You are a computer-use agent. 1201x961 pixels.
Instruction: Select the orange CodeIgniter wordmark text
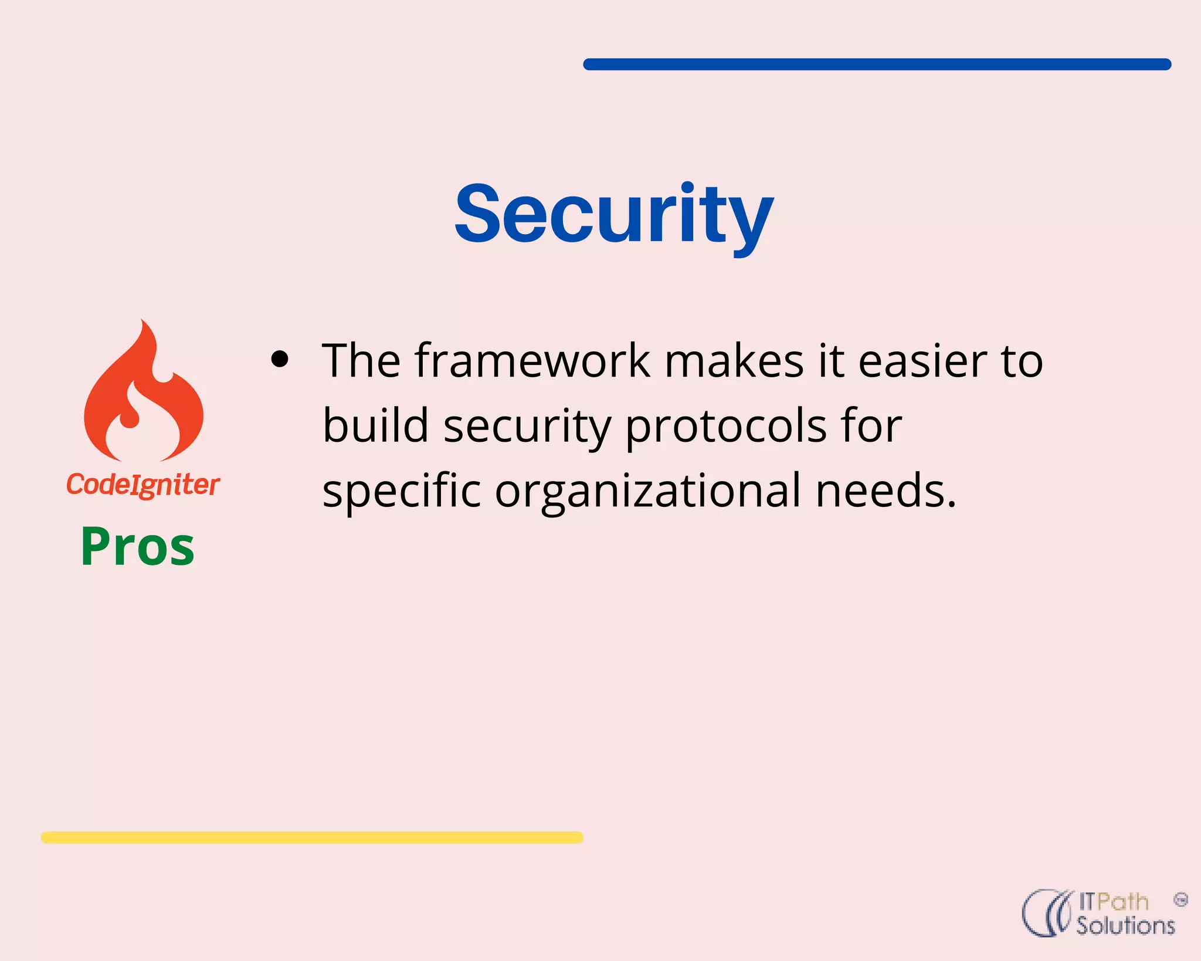pyautogui.click(x=143, y=485)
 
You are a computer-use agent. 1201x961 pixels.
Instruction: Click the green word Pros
pyautogui.click(x=137, y=547)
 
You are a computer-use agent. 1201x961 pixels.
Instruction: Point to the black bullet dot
pyautogui.click(x=280, y=360)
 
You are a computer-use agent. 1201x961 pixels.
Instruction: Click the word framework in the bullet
pyautogui.click(x=532, y=360)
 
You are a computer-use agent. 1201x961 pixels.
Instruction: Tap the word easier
pyautogui.click(x=923, y=360)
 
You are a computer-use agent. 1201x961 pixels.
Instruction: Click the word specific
pyautogui.click(x=402, y=491)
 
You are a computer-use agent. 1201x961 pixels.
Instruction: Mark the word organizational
pyautogui.click(x=647, y=491)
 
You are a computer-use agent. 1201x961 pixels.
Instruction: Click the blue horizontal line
pyautogui.click(x=877, y=65)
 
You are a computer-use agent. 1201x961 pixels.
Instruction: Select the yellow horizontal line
pyautogui.click(x=312, y=837)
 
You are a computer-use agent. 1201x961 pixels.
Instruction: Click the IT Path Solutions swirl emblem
pyautogui.click(x=1047, y=913)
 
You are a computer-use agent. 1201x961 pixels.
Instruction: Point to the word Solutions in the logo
pyautogui.click(x=1125, y=926)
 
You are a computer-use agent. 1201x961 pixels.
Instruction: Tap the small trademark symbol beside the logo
pyautogui.click(x=1181, y=899)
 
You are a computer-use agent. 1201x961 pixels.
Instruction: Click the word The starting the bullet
pyautogui.click(x=361, y=360)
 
